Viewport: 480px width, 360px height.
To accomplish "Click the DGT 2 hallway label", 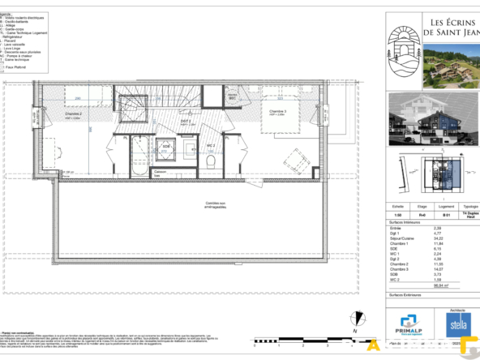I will tap(185, 120).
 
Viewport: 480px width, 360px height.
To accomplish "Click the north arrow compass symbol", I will tap(354, 319).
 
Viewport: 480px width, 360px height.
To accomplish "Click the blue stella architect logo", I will tap(458, 326).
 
